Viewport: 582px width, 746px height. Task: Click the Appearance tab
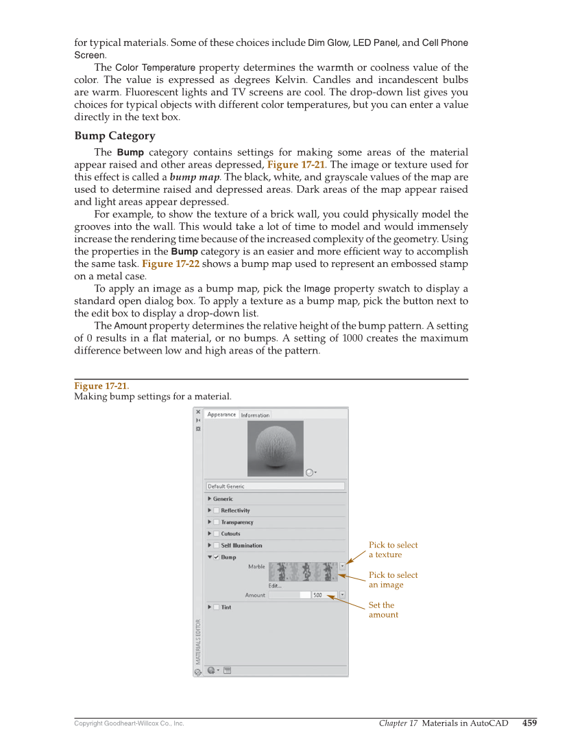point(221,415)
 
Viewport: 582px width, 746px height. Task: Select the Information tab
point(255,415)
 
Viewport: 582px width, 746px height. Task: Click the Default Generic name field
point(275,487)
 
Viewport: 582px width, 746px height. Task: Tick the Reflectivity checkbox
point(216,511)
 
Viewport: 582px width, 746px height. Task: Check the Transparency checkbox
point(216,522)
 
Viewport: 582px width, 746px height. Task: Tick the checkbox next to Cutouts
point(216,534)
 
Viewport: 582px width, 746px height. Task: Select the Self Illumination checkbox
point(216,546)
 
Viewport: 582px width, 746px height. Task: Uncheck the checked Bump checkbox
point(216,557)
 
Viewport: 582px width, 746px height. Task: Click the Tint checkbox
point(216,607)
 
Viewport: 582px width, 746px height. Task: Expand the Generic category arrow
point(209,499)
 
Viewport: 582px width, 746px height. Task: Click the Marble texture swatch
point(302,572)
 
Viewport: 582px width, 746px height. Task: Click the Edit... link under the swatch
point(275,585)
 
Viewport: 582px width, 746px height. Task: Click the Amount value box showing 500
point(322,596)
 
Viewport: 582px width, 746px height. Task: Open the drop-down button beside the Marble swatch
point(342,567)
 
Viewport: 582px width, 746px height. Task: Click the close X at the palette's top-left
point(198,412)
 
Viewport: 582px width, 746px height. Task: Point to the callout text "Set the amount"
point(383,610)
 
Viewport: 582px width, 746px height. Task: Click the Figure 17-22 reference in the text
point(170,264)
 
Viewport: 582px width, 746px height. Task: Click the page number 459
point(529,723)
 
